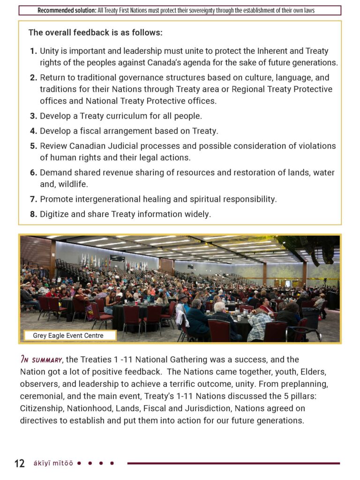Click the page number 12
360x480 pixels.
(20, 464)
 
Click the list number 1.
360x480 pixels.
(33, 51)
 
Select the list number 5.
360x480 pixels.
(33, 146)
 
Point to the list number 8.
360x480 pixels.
(33, 215)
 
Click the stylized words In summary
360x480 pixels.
(41, 360)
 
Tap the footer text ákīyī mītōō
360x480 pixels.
(53, 464)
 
